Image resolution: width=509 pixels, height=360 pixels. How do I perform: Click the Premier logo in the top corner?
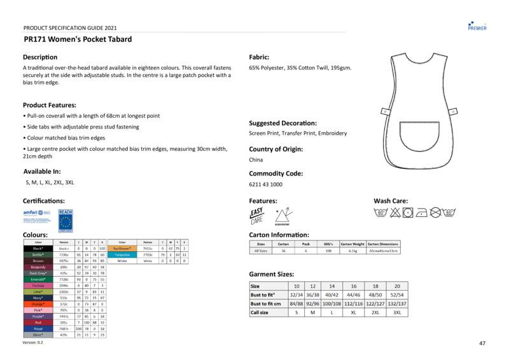(x=477, y=25)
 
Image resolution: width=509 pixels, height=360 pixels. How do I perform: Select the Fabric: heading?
(x=263, y=57)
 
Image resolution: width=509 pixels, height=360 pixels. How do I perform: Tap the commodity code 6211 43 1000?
(x=265, y=184)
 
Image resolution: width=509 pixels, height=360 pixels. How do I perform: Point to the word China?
(x=256, y=160)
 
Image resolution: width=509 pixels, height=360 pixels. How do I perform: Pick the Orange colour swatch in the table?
(x=38, y=304)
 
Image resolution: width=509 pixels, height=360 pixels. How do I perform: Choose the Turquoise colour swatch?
(x=122, y=254)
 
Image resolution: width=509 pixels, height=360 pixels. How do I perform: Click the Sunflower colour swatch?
(x=122, y=248)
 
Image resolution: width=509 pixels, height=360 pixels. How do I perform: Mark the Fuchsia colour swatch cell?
(x=38, y=286)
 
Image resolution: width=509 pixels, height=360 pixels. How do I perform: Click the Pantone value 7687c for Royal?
(x=64, y=328)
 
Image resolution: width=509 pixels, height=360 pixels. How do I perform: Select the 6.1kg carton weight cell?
(x=352, y=251)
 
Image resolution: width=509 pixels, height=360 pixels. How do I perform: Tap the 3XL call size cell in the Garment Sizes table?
(x=397, y=312)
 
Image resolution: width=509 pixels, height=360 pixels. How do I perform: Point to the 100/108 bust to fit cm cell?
(x=331, y=303)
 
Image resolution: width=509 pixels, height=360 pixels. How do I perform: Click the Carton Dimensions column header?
(x=383, y=244)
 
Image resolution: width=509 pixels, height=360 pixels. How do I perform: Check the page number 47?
(x=482, y=343)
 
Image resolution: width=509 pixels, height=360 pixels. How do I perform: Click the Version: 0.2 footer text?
(x=33, y=342)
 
